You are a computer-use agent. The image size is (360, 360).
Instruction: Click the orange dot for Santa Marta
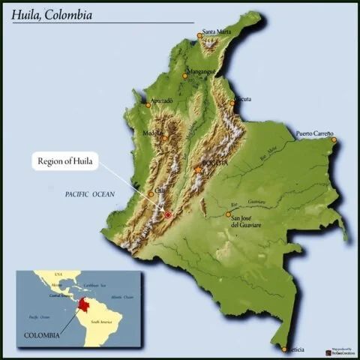199,35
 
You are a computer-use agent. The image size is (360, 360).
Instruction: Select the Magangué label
200,71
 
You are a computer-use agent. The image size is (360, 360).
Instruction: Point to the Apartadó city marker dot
148,105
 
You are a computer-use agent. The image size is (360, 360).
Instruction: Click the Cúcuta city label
241,98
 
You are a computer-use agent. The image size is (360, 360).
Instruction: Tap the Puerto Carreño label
314,133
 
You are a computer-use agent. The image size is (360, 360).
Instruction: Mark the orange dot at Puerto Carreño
334,139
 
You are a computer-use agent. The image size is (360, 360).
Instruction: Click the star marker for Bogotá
198,170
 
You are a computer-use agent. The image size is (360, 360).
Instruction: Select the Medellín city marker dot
164,138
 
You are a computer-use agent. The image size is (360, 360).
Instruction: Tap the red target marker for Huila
168,215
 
